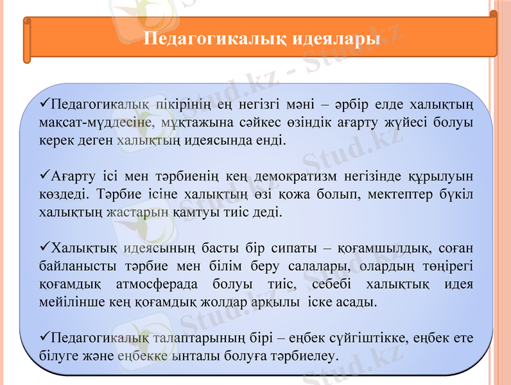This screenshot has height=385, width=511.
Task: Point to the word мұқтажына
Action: coord(190,122)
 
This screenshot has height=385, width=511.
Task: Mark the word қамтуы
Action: coord(195,210)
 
